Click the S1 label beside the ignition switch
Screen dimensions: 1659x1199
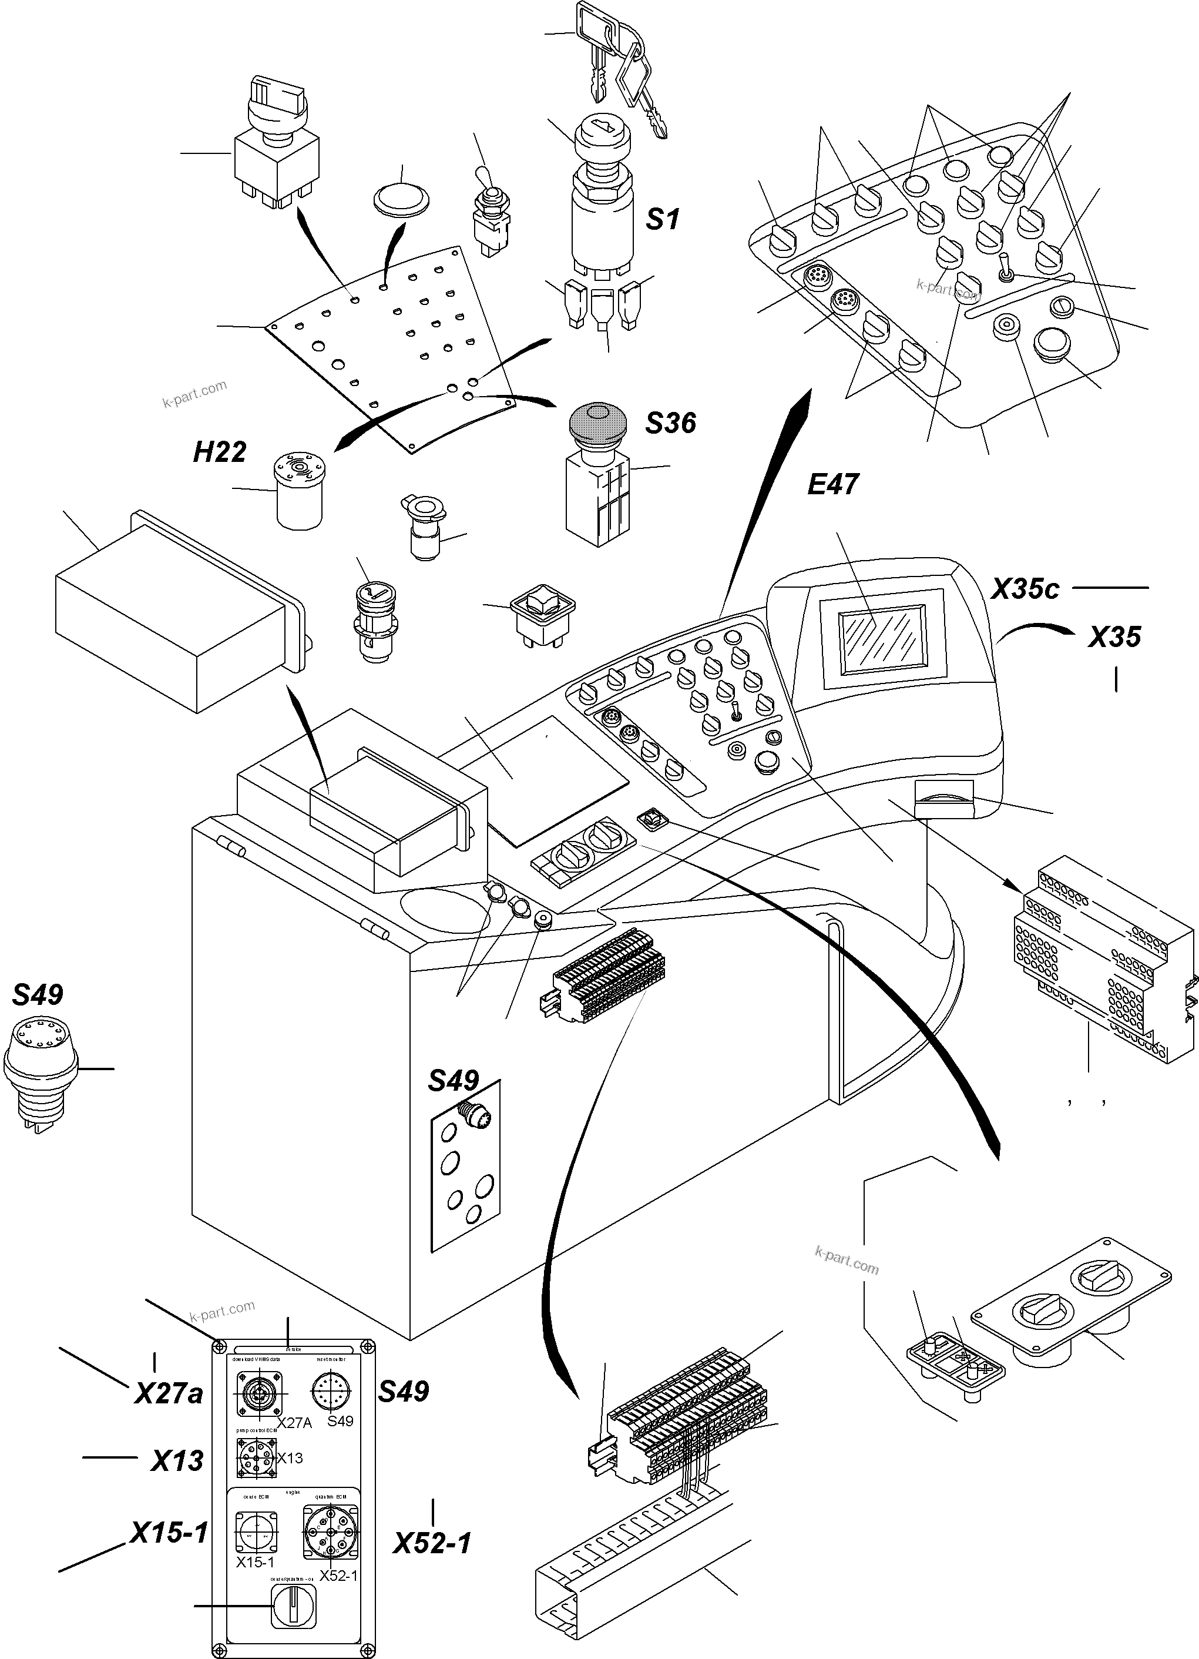tap(663, 219)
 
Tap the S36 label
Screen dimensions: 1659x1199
tap(670, 423)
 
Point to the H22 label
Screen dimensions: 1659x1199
tap(219, 452)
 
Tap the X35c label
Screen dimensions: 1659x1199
tap(1025, 589)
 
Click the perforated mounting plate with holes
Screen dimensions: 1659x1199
tap(395, 344)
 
